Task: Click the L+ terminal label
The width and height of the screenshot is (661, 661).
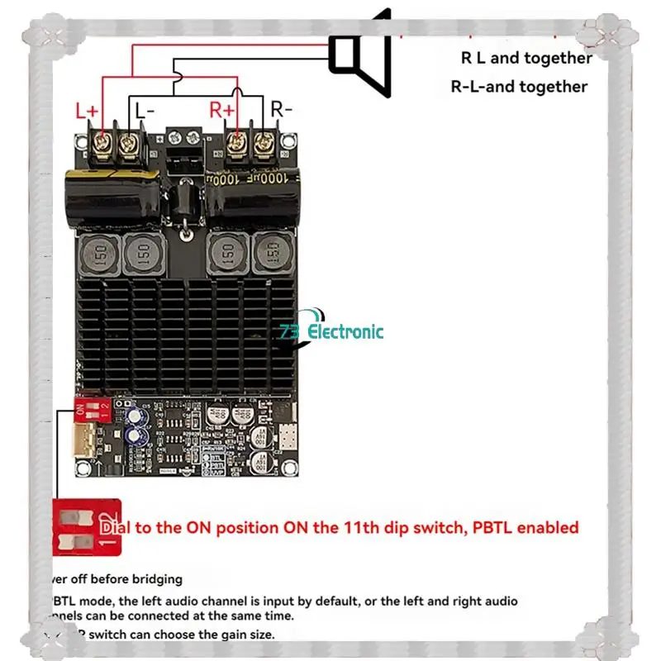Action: pyautogui.click(x=87, y=110)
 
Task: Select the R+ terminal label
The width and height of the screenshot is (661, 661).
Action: pyautogui.click(x=222, y=108)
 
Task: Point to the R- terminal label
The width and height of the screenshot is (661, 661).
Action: pyautogui.click(x=282, y=108)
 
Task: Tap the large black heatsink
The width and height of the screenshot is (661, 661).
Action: pyautogui.click(x=186, y=330)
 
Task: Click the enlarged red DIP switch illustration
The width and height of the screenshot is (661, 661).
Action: pyautogui.click(x=86, y=527)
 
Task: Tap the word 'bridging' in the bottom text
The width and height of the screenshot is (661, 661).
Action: pyautogui.click(x=155, y=579)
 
